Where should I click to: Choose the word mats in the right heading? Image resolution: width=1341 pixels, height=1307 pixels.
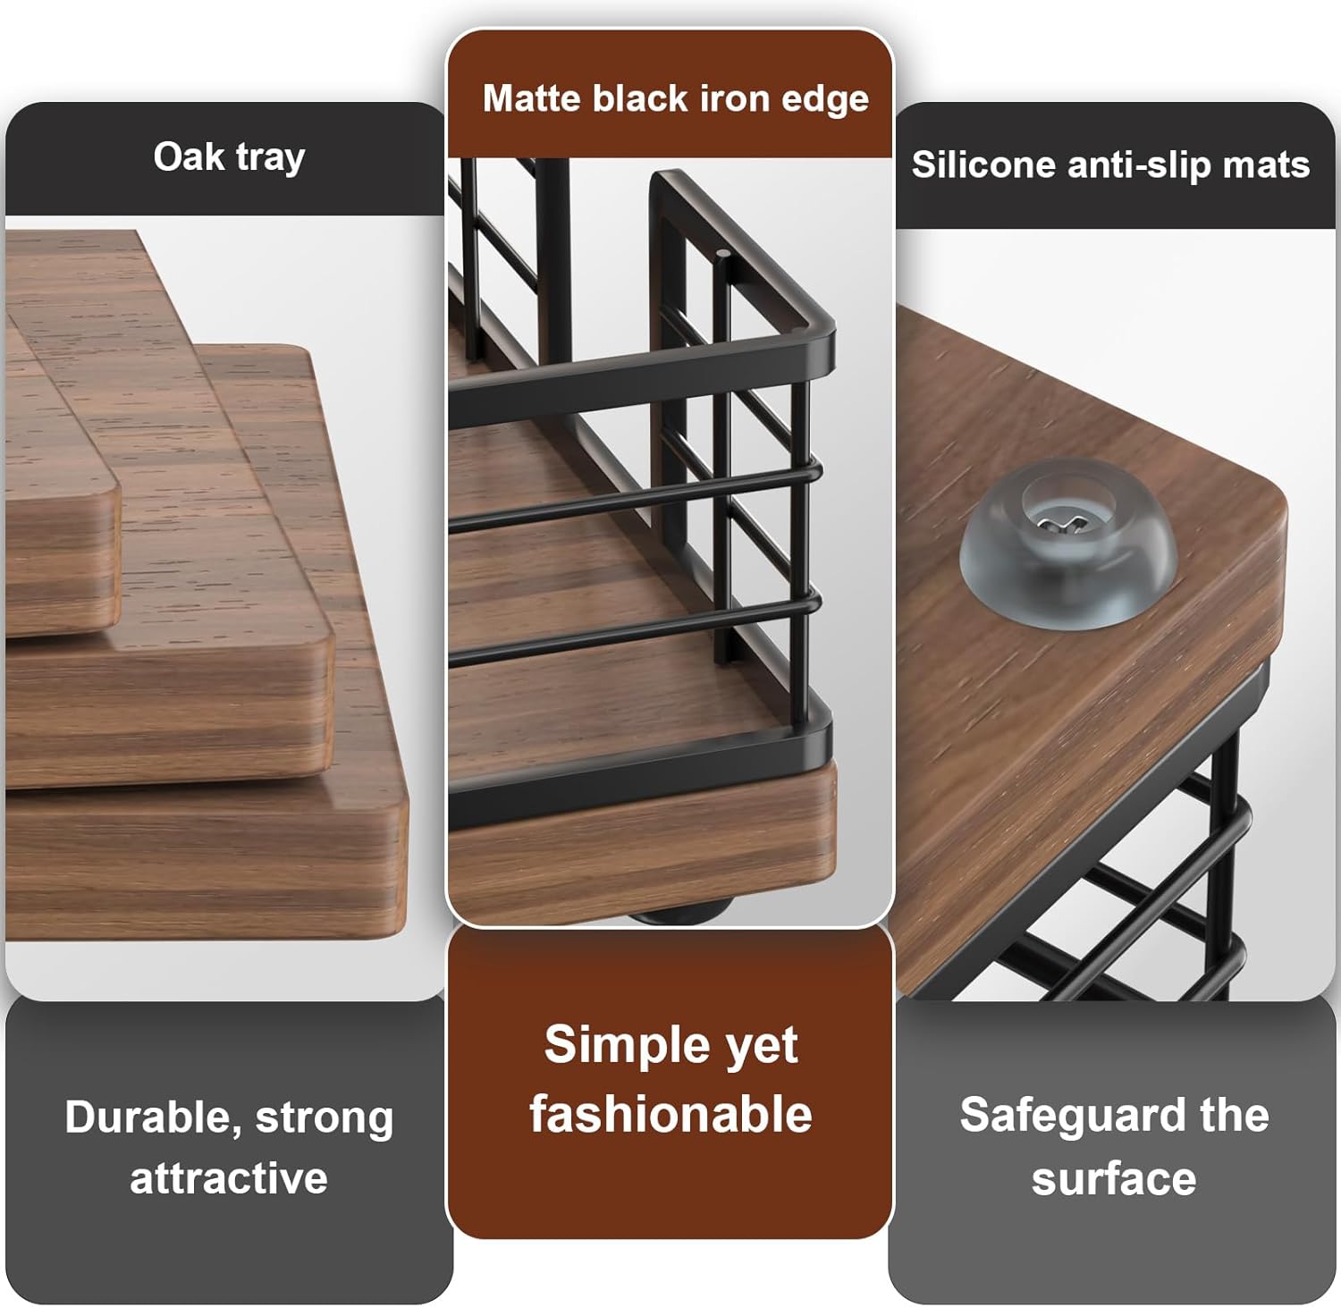tap(1271, 164)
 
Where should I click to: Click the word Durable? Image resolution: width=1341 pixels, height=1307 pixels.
tap(154, 1117)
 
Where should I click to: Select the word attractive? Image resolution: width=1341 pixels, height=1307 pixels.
tap(229, 1178)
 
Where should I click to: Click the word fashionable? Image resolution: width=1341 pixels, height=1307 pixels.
tap(670, 1115)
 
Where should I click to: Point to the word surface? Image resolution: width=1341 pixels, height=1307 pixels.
tap(1114, 1178)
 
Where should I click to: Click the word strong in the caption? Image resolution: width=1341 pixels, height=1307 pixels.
tap(324, 1117)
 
